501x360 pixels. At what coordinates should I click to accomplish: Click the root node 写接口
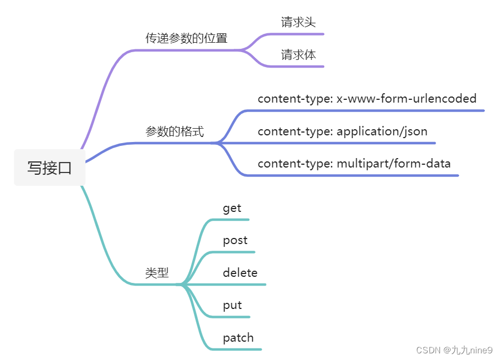(50, 168)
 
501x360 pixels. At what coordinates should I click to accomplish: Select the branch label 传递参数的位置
(186, 38)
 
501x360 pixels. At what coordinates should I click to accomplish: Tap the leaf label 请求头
(298, 22)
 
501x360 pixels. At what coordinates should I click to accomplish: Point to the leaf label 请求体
(298, 55)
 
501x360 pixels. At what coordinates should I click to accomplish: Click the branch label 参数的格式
(175, 131)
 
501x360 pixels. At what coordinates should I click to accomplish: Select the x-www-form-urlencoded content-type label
(367, 99)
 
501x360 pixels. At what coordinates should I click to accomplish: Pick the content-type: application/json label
(342, 131)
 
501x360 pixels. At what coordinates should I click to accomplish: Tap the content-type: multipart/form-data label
(354, 164)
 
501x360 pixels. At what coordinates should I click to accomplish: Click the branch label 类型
(157, 272)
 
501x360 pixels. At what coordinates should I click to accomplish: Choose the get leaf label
(232, 208)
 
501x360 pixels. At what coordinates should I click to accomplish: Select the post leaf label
(235, 240)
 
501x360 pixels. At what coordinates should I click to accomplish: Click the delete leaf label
(240, 272)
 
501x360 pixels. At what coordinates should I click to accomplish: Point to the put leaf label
(232, 305)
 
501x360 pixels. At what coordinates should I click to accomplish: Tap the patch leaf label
(238, 337)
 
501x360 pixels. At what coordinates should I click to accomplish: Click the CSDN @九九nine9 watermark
(454, 350)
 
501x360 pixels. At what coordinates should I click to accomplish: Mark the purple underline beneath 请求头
(299, 34)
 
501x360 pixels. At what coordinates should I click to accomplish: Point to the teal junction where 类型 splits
(181, 285)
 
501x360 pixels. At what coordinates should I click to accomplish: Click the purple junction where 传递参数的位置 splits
(244, 50)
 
